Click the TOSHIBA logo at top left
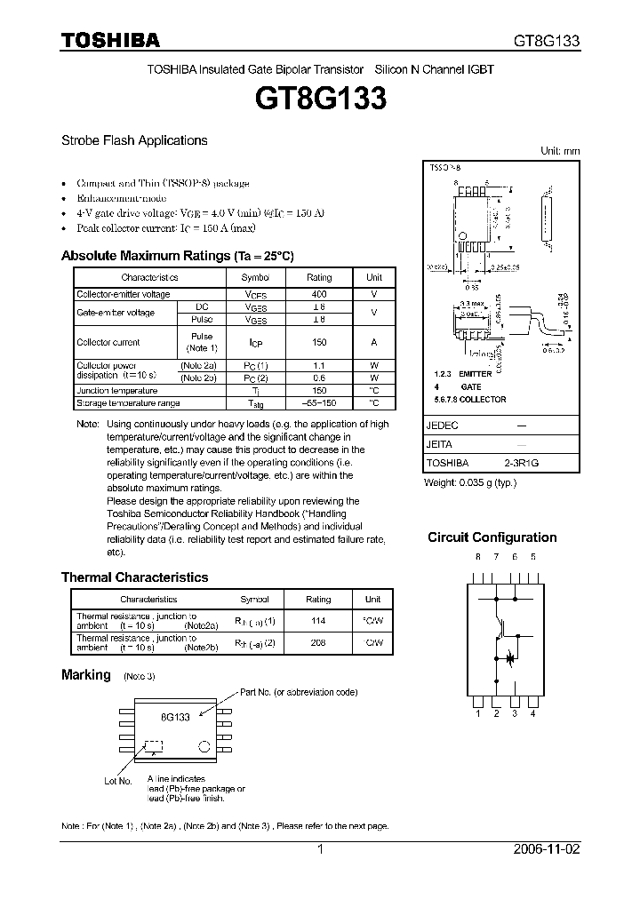tap(110, 40)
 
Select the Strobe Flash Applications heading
tap(134, 140)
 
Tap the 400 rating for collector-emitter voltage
tap(319, 294)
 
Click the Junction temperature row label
tap(117, 391)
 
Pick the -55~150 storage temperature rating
tap(319, 402)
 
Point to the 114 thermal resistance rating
tap(317, 621)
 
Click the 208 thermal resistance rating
tap(317, 642)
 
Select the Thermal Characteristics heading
tap(134, 577)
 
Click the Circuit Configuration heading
tap(492, 537)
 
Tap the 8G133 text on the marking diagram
tap(175, 716)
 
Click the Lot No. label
tap(117, 782)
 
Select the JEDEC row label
tap(442, 426)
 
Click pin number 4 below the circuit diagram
tap(532, 713)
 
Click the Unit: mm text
tap(560, 151)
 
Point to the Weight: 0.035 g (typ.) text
tap(469, 481)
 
